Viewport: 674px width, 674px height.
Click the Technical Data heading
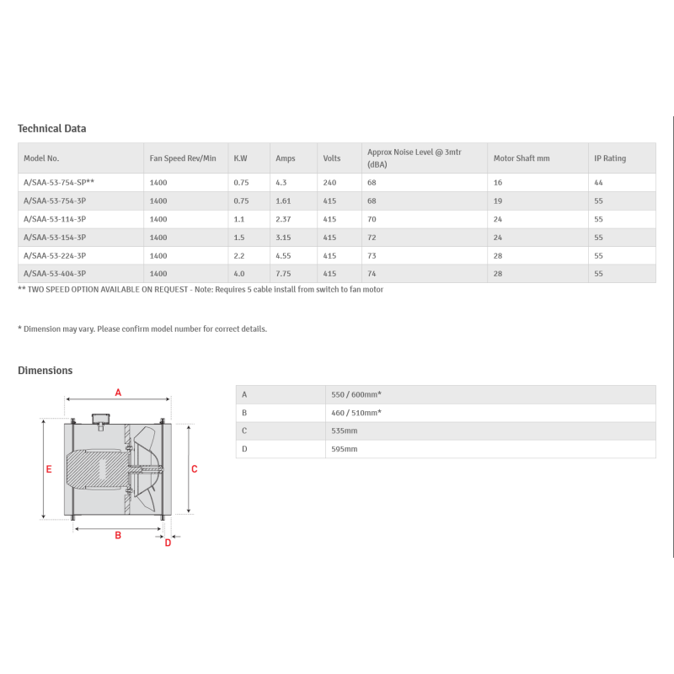click(51, 129)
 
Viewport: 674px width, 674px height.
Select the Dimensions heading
click(45, 371)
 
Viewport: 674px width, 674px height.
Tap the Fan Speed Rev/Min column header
click(183, 158)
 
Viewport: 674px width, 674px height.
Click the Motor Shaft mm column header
click(521, 158)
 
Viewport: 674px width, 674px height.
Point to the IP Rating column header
click(610, 158)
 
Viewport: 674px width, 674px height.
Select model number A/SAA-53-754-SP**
click(58, 183)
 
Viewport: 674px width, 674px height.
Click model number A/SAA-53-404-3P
click(54, 274)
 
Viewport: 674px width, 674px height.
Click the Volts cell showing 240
click(329, 183)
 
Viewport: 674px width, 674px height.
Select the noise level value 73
click(372, 255)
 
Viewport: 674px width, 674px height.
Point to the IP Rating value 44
click(598, 183)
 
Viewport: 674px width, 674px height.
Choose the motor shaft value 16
click(497, 183)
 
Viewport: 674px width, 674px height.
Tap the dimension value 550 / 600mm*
click(356, 394)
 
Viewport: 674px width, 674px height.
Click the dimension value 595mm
click(345, 449)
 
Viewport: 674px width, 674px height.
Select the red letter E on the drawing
click(49, 469)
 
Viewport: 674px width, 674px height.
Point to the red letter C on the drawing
click(195, 469)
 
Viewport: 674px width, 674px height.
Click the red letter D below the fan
click(168, 543)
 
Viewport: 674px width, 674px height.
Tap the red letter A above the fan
click(118, 392)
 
